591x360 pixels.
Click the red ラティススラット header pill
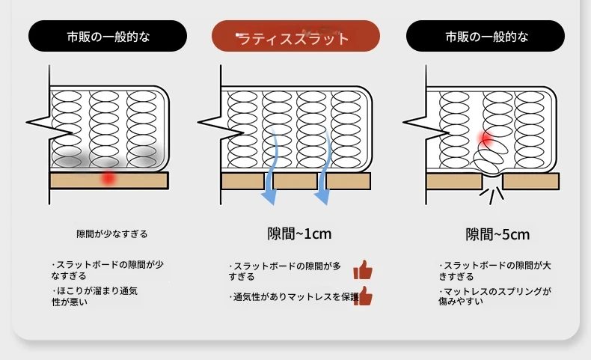(x=295, y=37)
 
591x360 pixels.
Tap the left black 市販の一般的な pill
(x=108, y=36)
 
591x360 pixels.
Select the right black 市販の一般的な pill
(x=486, y=36)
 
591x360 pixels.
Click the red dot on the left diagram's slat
(x=109, y=178)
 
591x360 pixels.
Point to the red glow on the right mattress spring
(x=486, y=138)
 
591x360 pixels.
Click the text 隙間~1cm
(x=299, y=234)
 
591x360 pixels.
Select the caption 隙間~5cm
(x=497, y=234)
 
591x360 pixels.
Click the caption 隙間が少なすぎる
(x=112, y=234)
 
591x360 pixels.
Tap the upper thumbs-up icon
(x=363, y=270)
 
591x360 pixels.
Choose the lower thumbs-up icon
(x=364, y=296)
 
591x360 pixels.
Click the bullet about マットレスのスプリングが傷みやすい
(x=494, y=296)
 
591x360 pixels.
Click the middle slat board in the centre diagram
(x=295, y=180)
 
